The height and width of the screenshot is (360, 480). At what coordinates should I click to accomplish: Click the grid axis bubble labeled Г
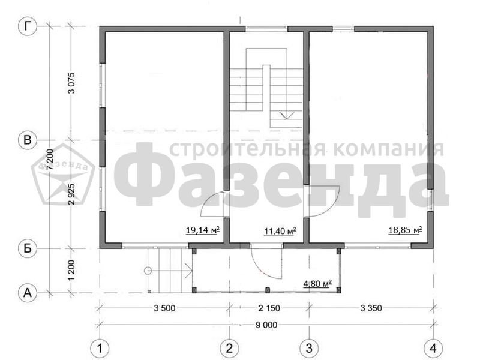click(x=28, y=26)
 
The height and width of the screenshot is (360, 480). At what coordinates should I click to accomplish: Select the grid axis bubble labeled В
click(x=28, y=140)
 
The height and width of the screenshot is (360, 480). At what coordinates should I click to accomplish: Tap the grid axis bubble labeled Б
click(x=28, y=248)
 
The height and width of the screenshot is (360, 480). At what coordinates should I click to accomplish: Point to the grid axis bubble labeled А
click(x=28, y=293)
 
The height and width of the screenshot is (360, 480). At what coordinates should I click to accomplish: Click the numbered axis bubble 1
click(x=100, y=348)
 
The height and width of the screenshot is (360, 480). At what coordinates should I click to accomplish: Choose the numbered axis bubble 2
click(x=230, y=348)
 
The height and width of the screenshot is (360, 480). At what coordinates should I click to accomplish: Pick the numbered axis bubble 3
click(x=309, y=348)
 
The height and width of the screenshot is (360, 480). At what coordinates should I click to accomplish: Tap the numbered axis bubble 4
click(x=433, y=348)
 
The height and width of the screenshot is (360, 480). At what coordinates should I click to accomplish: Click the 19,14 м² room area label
click(x=203, y=230)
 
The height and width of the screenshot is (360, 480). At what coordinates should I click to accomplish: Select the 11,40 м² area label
click(x=280, y=230)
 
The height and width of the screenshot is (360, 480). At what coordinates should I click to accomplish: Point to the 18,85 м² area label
click(x=406, y=230)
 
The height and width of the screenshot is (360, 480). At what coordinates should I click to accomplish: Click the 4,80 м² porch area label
click(x=317, y=284)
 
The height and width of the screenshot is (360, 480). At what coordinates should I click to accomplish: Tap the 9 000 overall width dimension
click(x=266, y=325)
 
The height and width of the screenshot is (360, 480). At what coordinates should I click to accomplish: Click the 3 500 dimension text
click(x=164, y=308)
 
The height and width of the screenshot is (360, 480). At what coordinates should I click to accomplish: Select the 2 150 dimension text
click(x=269, y=308)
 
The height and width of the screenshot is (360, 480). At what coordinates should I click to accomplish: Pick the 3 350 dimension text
click(x=371, y=308)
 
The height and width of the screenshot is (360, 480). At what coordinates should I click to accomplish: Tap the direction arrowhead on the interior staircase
click(x=287, y=115)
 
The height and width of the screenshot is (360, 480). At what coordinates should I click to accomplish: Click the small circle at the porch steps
click(x=148, y=271)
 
